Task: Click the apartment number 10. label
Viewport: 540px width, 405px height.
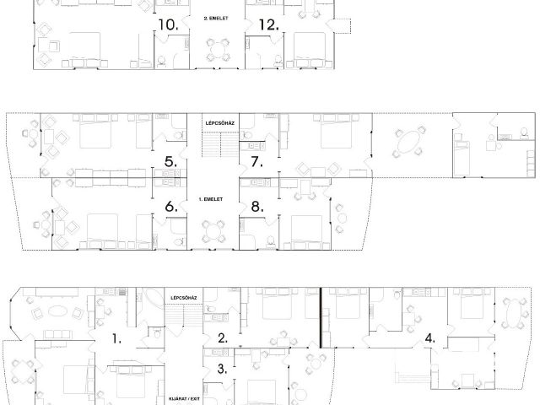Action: click(x=168, y=24)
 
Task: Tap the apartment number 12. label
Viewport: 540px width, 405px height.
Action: click(x=268, y=24)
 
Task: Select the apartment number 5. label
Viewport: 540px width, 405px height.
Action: click(x=170, y=161)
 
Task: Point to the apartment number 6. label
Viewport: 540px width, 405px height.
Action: click(x=171, y=206)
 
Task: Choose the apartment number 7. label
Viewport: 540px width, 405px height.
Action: click(x=256, y=161)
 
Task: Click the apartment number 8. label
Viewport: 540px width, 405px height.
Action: click(x=257, y=206)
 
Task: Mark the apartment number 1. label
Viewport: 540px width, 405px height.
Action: click(x=116, y=338)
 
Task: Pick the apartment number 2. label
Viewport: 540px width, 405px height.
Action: click(x=223, y=337)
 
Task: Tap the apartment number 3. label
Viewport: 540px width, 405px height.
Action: click(x=223, y=369)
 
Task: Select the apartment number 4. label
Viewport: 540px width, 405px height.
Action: click(x=429, y=338)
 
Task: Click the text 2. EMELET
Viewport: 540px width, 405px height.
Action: click(x=216, y=19)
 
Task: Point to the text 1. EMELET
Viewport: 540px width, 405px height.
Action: click(x=211, y=199)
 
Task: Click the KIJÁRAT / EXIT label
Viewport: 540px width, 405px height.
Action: click(x=184, y=399)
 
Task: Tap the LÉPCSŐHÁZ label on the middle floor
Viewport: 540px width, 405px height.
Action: click(x=220, y=123)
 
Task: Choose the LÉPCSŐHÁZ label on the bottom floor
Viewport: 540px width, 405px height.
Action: click(x=184, y=298)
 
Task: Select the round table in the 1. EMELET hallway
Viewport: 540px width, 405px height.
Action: click(x=213, y=231)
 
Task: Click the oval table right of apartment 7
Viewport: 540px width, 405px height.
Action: click(x=408, y=143)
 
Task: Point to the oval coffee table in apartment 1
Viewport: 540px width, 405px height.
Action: click(x=57, y=311)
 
